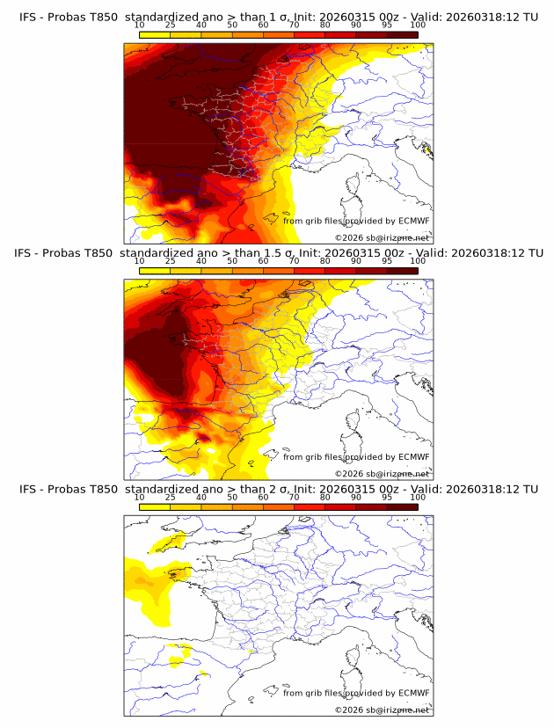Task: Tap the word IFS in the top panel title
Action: coord(30,18)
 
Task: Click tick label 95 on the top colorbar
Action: coord(387,25)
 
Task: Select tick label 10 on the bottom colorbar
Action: coord(139,497)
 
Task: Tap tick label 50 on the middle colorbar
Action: coord(232,261)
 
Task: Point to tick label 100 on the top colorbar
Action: coord(418,25)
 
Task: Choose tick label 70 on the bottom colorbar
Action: coord(294,497)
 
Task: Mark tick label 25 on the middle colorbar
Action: coord(170,261)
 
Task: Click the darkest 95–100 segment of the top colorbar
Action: coord(402,35)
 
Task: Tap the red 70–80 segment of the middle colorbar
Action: coord(309,271)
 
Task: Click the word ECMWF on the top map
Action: coord(414,222)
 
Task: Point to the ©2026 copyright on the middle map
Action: coord(349,474)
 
